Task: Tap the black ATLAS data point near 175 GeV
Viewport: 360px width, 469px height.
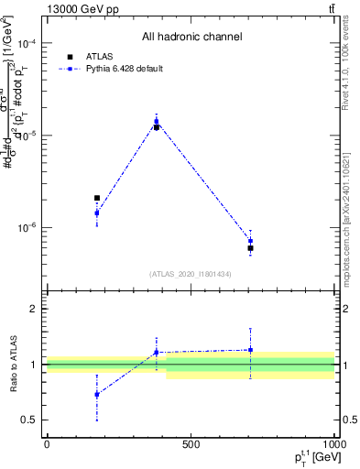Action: click(97, 198)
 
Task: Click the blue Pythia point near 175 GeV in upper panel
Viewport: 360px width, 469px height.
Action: click(97, 213)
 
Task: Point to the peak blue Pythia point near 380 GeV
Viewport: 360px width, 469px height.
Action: click(157, 121)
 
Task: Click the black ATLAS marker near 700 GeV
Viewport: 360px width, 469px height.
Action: click(250, 248)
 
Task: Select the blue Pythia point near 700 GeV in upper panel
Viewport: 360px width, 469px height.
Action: click(250, 241)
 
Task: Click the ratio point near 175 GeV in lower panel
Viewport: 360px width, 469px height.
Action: click(97, 395)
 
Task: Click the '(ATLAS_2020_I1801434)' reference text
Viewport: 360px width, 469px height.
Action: click(191, 274)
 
